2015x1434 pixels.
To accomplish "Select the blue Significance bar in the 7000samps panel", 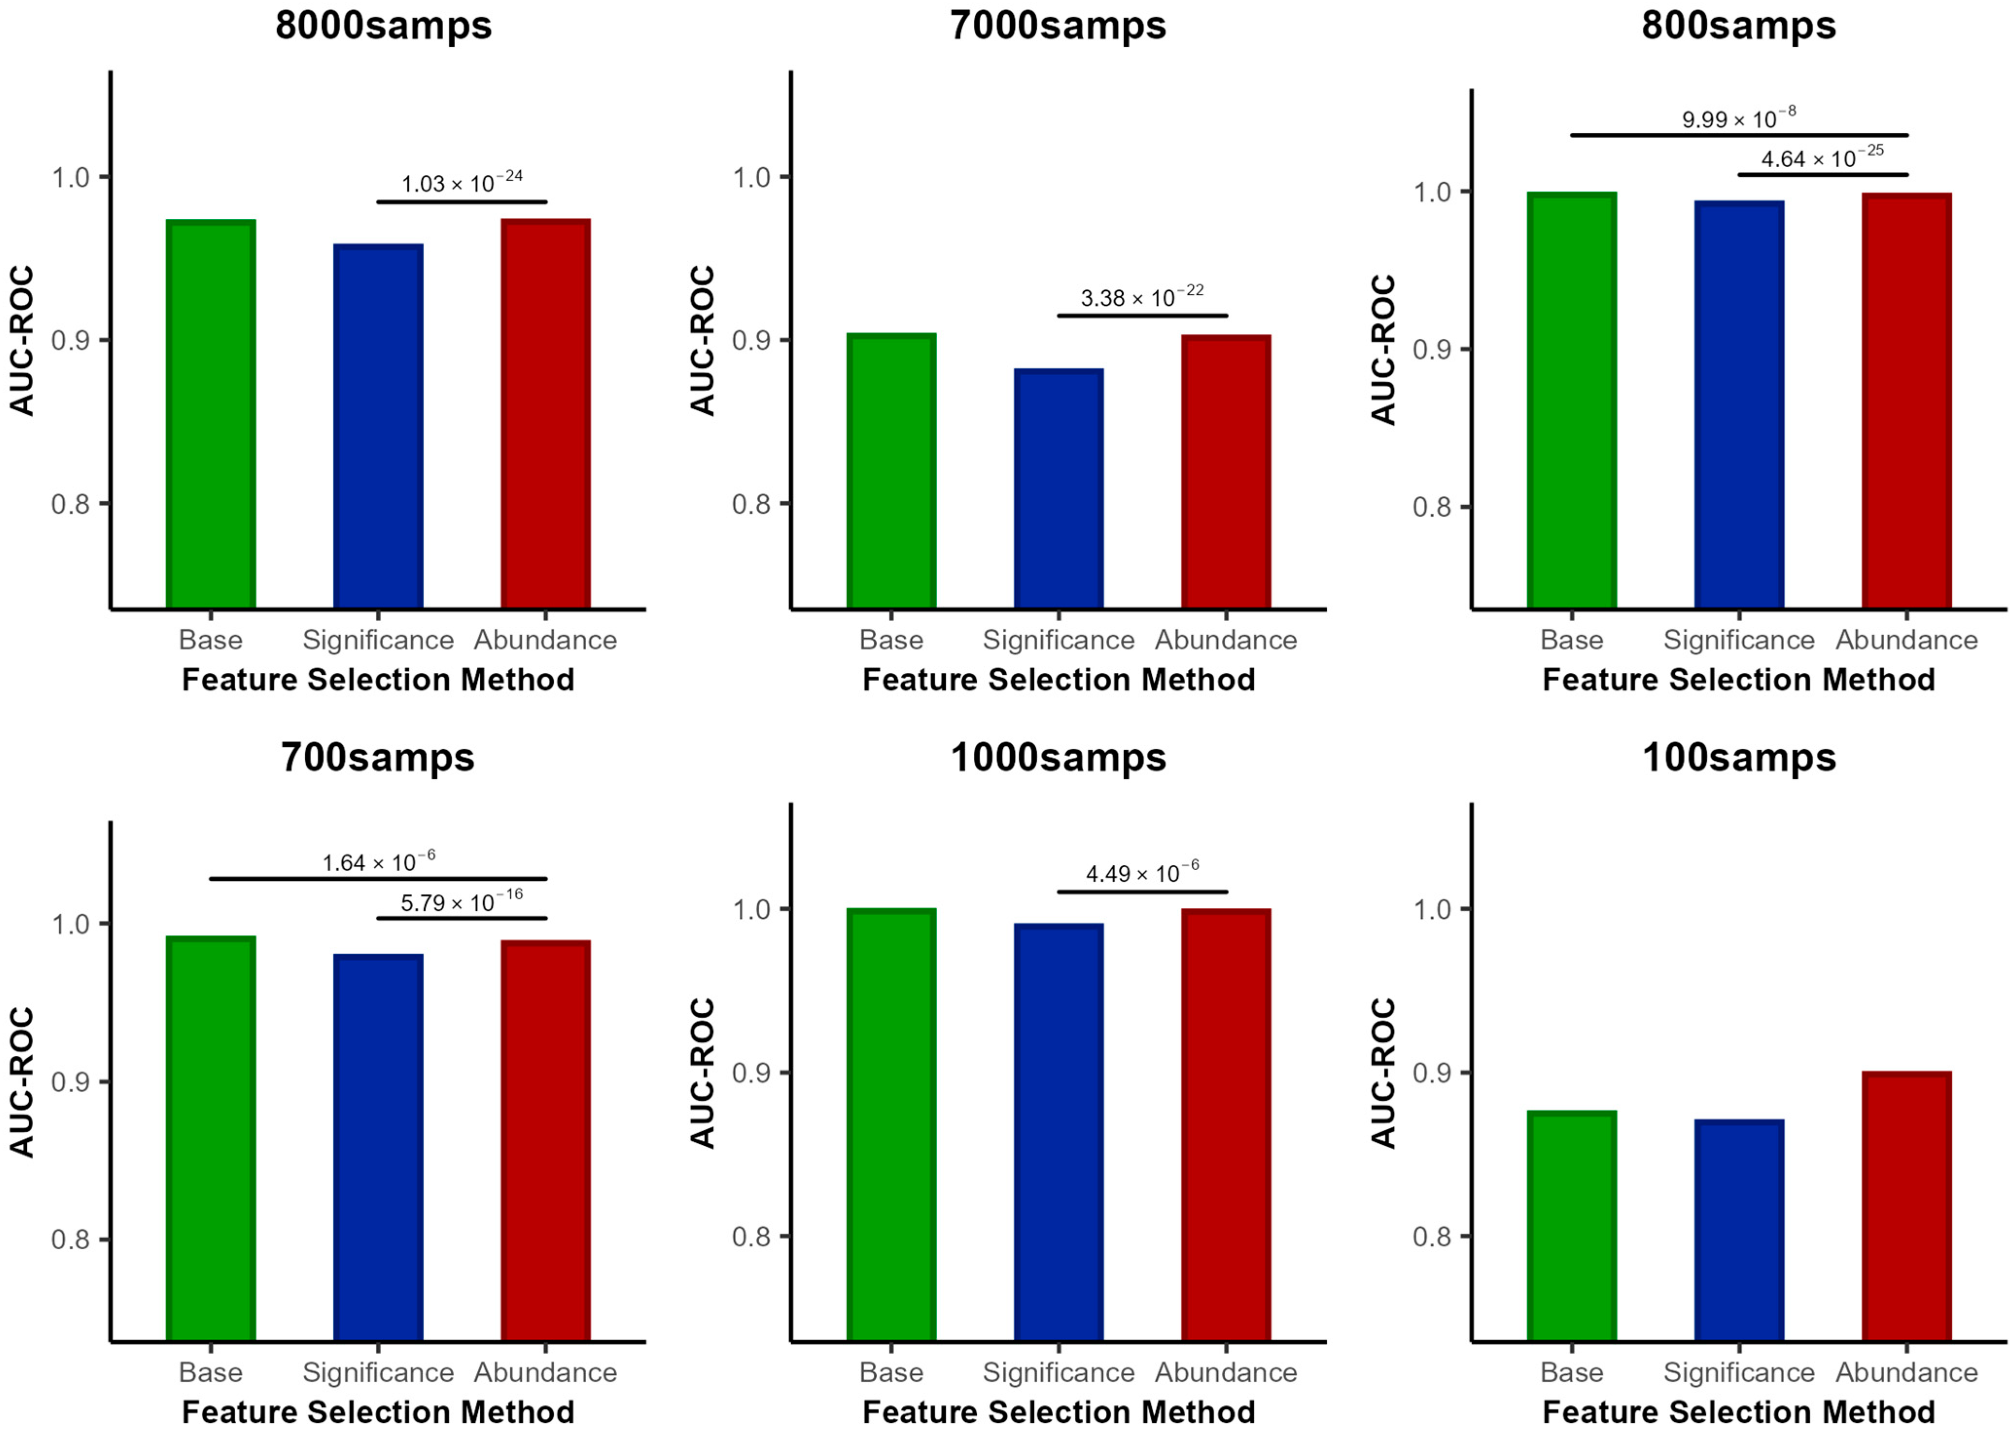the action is pos(1058,489).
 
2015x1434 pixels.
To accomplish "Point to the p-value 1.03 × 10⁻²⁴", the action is pos(462,183).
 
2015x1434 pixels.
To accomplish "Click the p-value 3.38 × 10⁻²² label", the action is pos(1142,297).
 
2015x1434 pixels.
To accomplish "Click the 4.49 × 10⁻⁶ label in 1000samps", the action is pos(1142,873).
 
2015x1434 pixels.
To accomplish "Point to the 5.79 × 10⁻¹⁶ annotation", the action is pos(462,902).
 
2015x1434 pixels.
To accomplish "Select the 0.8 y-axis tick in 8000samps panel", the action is pos(70,504).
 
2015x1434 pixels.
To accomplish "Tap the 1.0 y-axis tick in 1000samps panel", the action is pos(751,909).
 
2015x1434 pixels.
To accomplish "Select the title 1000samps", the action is pos(1058,758).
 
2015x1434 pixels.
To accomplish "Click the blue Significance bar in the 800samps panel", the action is pos(1739,404).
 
